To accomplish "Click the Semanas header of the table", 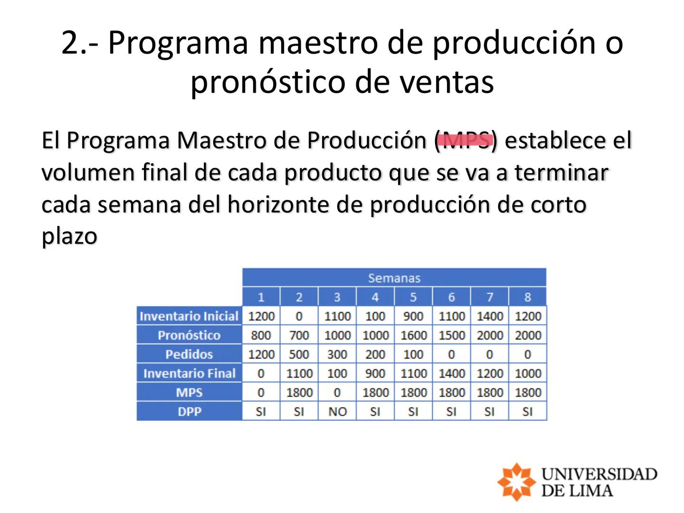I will pyautogui.click(x=394, y=278).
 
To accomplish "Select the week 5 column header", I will pyautogui.click(x=413, y=297).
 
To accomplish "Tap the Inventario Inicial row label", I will pyautogui.click(x=189, y=316).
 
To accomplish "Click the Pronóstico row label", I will pyautogui.click(x=189, y=335).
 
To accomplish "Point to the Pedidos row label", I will pyautogui.click(x=189, y=354).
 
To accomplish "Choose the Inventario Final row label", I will pyautogui.click(x=189, y=373).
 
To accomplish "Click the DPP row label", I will pyautogui.click(x=189, y=411).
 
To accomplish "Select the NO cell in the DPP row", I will pyautogui.click(x=337, y=411).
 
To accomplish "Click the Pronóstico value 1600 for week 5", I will pyautogui.click(x=413, y=335).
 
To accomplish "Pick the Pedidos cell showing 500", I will pyautogui.click(x=299, y=354).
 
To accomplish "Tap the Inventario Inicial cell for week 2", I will pyautogui.click(x=299, y=316).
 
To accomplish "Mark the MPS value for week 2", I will pyautogui.click(x=299, y=392).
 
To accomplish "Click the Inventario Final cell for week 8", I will pyautogui.click(x=528, y=373).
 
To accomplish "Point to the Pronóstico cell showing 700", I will pyautogui.click(x=299, y=335).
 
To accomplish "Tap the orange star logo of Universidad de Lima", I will pyautogui.click(x=516, y=482).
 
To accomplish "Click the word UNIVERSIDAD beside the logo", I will pyautogui.click(x=599, y=474).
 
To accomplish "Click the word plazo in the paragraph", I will pyautogui.click(x=69, y=236).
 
